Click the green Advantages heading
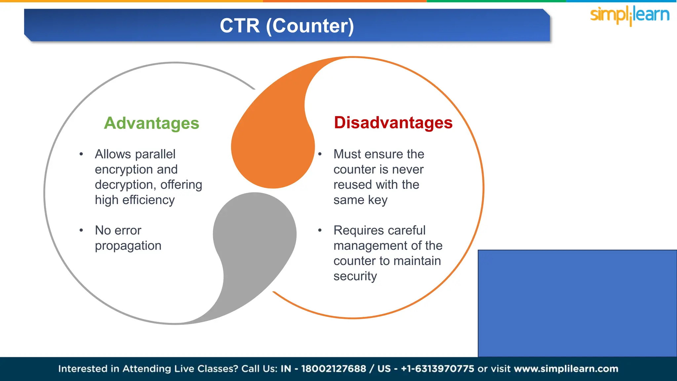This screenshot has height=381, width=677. [151, 123]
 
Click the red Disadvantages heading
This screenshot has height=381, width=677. [393, 123]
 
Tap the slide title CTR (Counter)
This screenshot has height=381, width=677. [287, 26]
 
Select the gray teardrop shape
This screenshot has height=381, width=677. [255, 238]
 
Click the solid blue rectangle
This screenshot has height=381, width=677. [577, 303]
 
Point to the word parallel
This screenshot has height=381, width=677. [155, 154]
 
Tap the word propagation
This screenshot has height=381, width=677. [128, 246]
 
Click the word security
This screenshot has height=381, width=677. [355, 276]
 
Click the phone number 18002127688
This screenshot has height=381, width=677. [333, 369]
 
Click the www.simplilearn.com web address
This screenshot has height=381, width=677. [566, 369]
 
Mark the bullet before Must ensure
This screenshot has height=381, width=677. [320, 154]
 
